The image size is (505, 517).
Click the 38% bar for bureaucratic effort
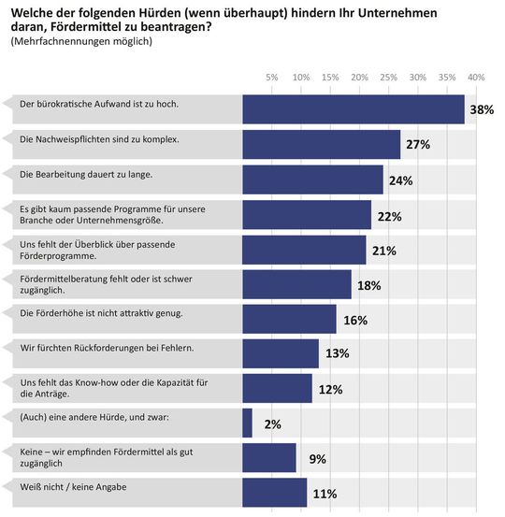[x=353, y=109]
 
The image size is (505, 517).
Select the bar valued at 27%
[x=321, y=144]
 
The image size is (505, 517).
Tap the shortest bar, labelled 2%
[x=247, y=423]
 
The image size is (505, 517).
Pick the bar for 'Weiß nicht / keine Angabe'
[x=274, y=493]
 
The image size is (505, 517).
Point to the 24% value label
[x=400, y=180]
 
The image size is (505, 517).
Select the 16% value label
[x=354, y=320]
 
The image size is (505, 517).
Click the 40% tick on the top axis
[x=476, y=77]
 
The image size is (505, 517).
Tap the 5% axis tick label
[x=272, y=77]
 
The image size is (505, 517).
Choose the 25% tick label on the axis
[x=389, y=77]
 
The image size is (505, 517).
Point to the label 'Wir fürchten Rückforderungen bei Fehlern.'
[x=107, y=348]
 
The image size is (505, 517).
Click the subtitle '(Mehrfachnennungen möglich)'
[x=80, y=41]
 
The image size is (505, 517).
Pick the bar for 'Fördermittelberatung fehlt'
[x=296, y=284]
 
